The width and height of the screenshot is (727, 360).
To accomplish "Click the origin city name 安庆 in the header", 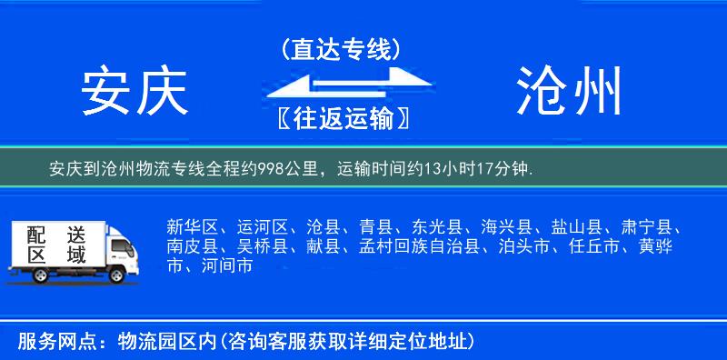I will click(134, 91).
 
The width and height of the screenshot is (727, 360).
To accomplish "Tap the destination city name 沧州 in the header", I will click(570, 91).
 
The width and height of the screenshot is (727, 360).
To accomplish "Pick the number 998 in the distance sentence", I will click(264, 168).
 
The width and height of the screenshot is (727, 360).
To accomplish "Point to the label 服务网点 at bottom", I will click(47, 342).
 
